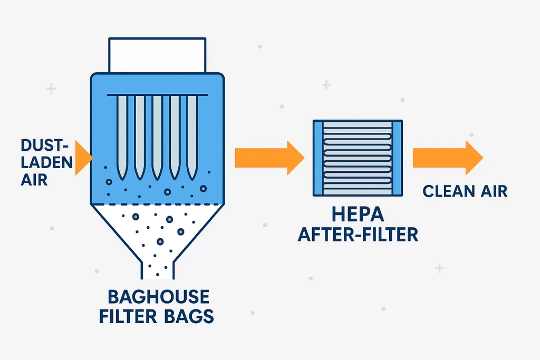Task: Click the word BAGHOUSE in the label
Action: tap(158, 297)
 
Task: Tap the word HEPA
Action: tap(358, 214)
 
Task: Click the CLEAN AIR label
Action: tap(465, 190)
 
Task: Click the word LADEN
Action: tap(46, 162)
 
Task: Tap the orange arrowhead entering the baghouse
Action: tap(83, 158)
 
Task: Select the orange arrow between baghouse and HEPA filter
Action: tap(269, 157)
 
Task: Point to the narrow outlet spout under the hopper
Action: tap(158, 268)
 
